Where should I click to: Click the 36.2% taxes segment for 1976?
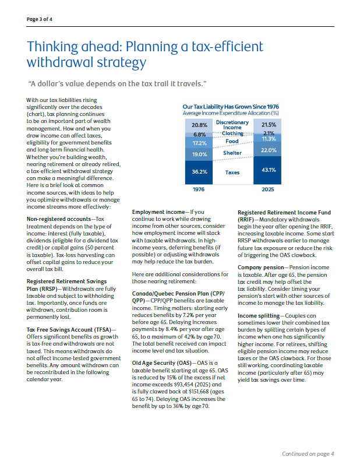[199, 172]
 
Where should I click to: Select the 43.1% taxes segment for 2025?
[267, 170]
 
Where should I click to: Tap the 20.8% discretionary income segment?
[199, 125]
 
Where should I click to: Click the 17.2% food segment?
[199, 143]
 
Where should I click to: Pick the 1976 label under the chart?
[199, 189]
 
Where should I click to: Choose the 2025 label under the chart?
[268, 189]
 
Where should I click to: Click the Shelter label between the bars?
[232, 153]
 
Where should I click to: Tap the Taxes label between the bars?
[232, 173]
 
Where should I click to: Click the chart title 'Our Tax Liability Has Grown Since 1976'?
[231, 107]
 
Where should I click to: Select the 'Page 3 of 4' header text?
[40, 19]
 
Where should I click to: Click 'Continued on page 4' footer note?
[308, 454]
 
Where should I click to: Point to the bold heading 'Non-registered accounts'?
[59, 219]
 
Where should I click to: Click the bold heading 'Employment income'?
[158, 212]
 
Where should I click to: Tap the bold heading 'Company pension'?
[260, 268]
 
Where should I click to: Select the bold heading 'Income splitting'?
[259, 316]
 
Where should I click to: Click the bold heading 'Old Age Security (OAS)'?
[162, 363]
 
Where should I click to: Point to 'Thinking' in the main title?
[52, 47]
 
